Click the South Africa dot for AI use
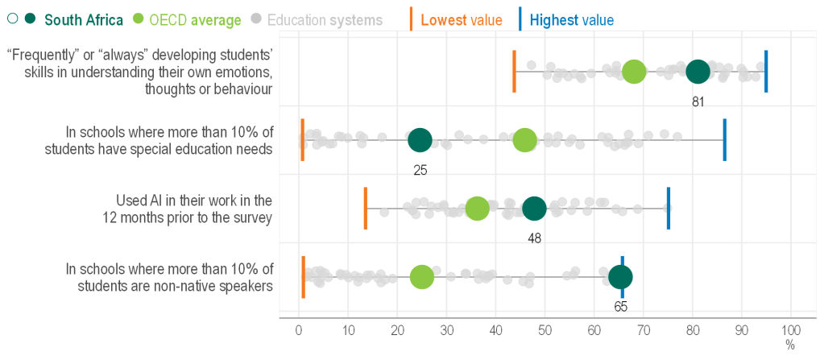534,209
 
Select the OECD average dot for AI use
477,209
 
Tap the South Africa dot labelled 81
698,72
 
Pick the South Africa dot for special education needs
420,140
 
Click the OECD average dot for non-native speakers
422,277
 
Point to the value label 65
620,307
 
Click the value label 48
533,238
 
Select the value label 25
420,170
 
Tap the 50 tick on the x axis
545,330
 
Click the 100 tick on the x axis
791,330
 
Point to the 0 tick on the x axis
299,330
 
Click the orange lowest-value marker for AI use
366,209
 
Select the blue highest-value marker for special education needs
724,140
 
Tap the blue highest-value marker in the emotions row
766,72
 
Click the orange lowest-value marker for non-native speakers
303,277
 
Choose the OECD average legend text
195,19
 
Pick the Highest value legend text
572,19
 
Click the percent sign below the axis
790,346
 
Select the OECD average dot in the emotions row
635,72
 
